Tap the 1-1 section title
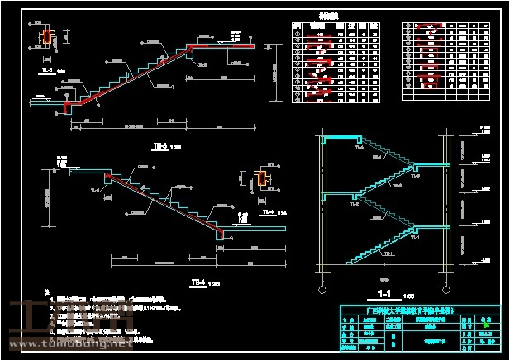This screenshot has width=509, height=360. tap(383, 292)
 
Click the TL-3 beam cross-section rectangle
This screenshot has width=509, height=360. tap(46, 37)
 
